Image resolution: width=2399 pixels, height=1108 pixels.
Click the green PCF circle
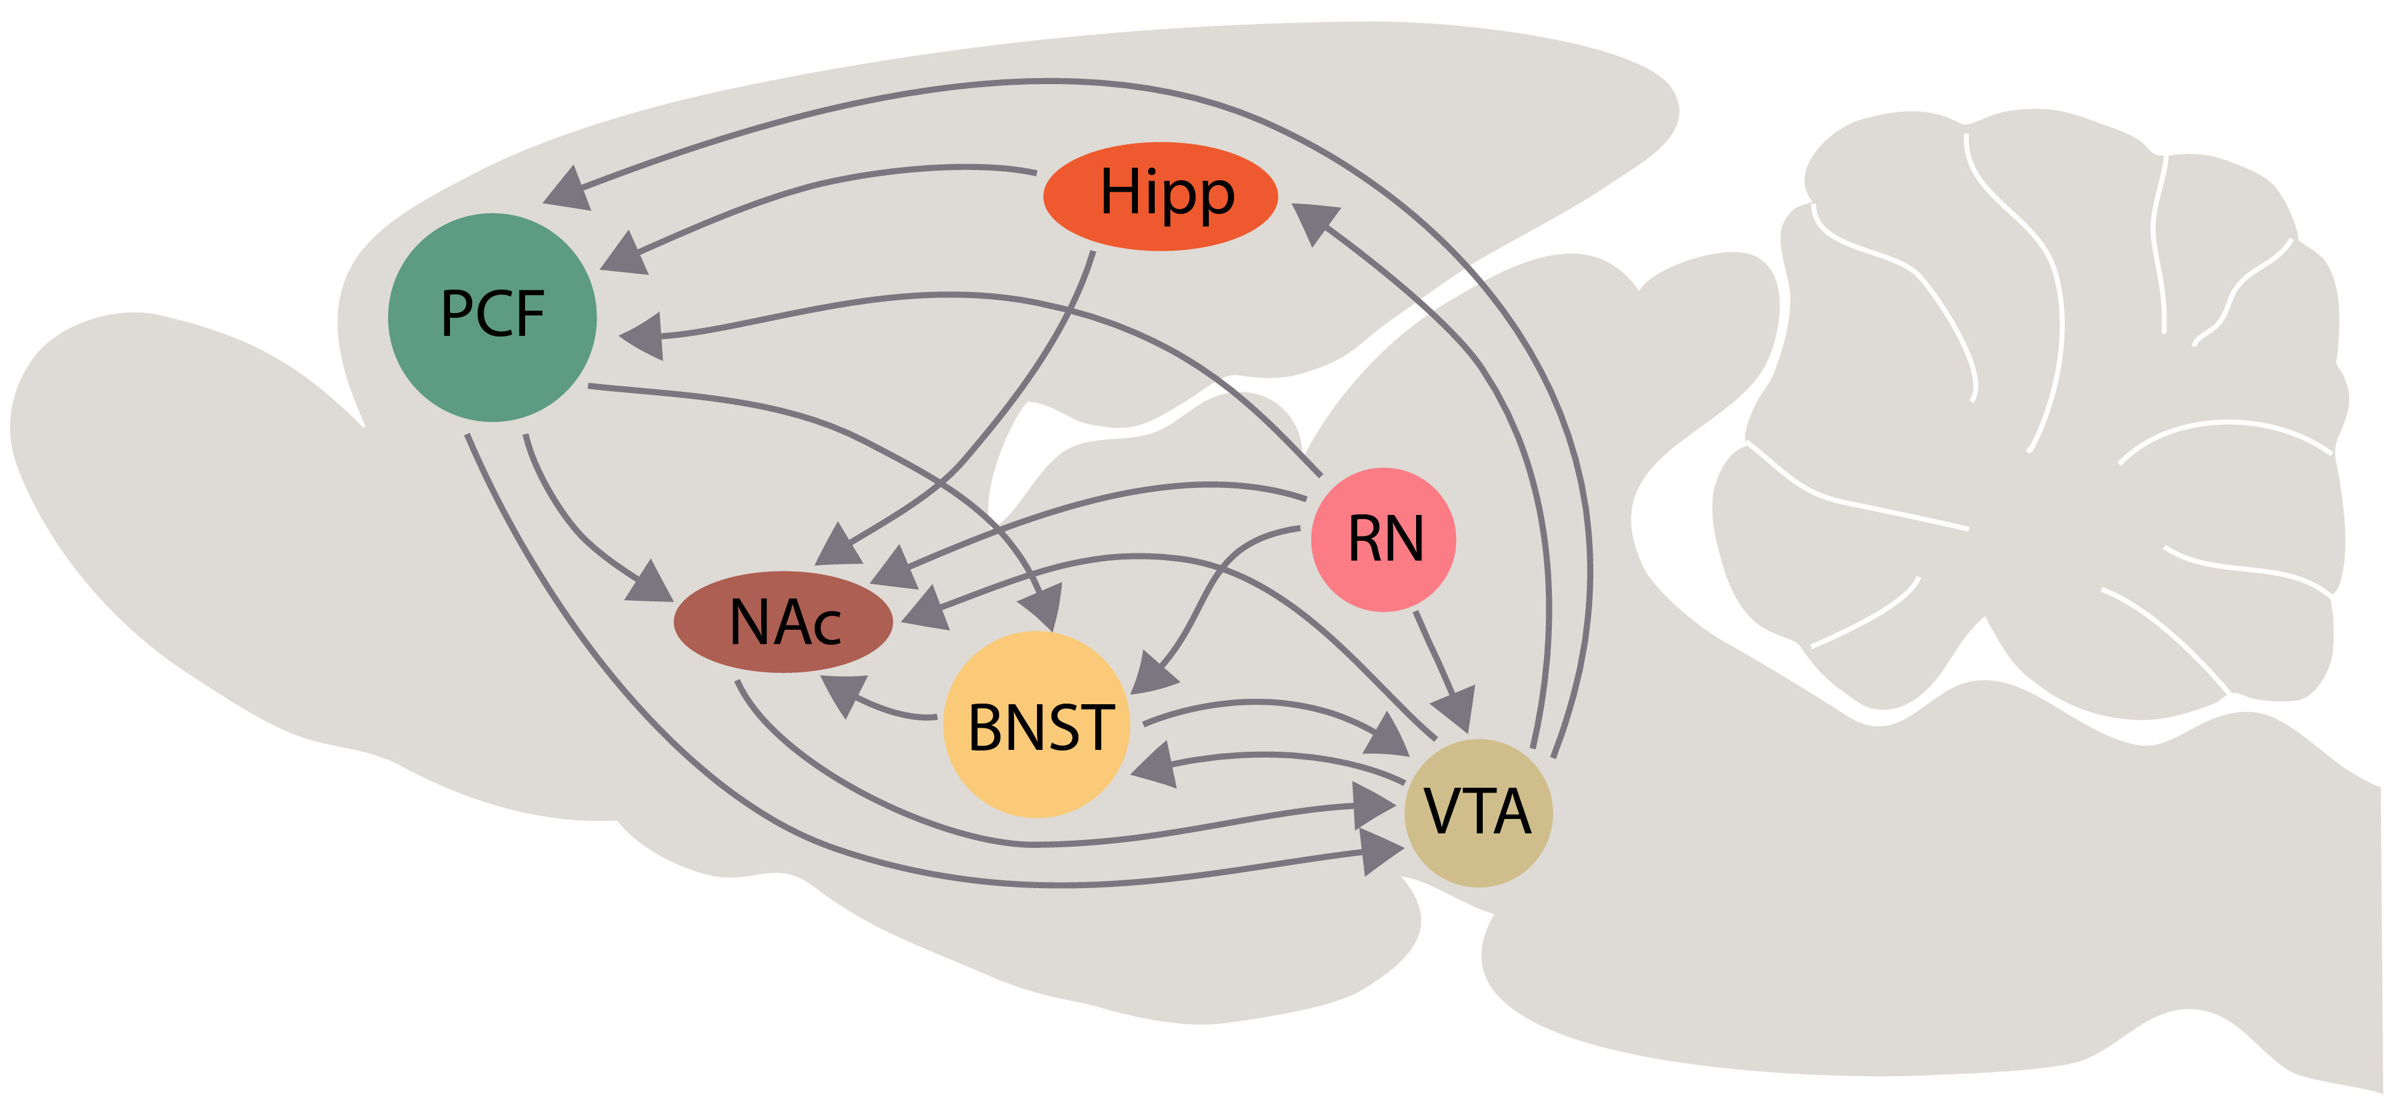pyautogui.click(x=491, y=317)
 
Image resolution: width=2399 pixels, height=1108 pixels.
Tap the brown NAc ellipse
pyautogui.click(x=783, y=621)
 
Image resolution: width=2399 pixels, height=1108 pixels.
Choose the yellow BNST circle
pyautogui.click(x=1036, y=725)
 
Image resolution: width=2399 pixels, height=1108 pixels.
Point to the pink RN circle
pyautogui.click(x=1383, y=539)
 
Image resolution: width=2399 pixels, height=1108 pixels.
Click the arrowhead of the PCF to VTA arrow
pyautogui.click(x=1381, y=850)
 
